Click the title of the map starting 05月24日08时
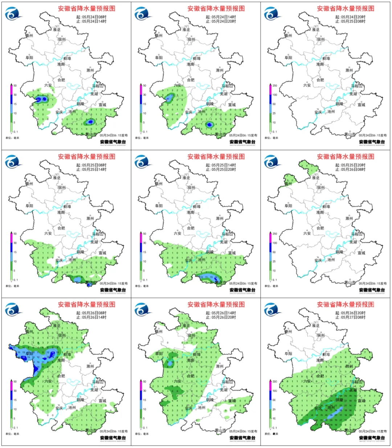coord(87,8)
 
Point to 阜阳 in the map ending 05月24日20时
coord(159,58)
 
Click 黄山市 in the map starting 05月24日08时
coord(91,134)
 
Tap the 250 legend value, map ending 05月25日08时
coord(275,86)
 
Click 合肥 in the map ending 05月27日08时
coord(320,376)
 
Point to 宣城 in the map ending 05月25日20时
coord(232,253)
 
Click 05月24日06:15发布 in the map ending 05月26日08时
coord(373,284)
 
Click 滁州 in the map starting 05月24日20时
coord(349,70)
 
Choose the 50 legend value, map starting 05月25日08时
coord(15,234)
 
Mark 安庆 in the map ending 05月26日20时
coord(188,408)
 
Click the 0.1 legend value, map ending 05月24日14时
coord(15,132)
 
